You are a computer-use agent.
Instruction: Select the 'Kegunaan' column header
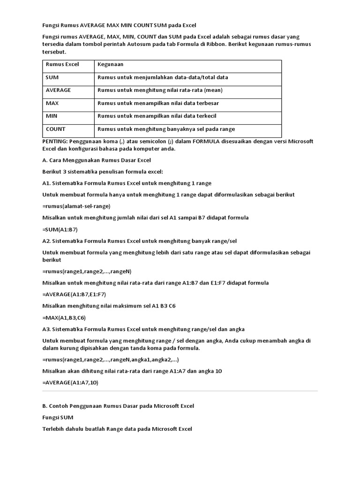pos(110,64)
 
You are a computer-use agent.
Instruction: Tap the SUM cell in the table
pos(52,77)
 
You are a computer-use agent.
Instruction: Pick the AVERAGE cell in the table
pos(58,90)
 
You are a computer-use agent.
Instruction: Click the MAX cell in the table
pos(52,103)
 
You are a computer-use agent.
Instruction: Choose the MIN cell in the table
pos(52,116)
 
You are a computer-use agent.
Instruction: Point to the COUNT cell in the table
pos(56,129)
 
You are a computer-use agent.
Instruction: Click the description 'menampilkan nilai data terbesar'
pos(158,103)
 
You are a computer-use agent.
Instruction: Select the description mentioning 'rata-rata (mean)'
pos(160,90)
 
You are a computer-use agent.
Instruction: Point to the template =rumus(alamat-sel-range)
pos(76,206)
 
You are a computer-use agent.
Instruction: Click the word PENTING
pos(54,141)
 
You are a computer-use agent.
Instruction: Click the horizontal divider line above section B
pos(180,391)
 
